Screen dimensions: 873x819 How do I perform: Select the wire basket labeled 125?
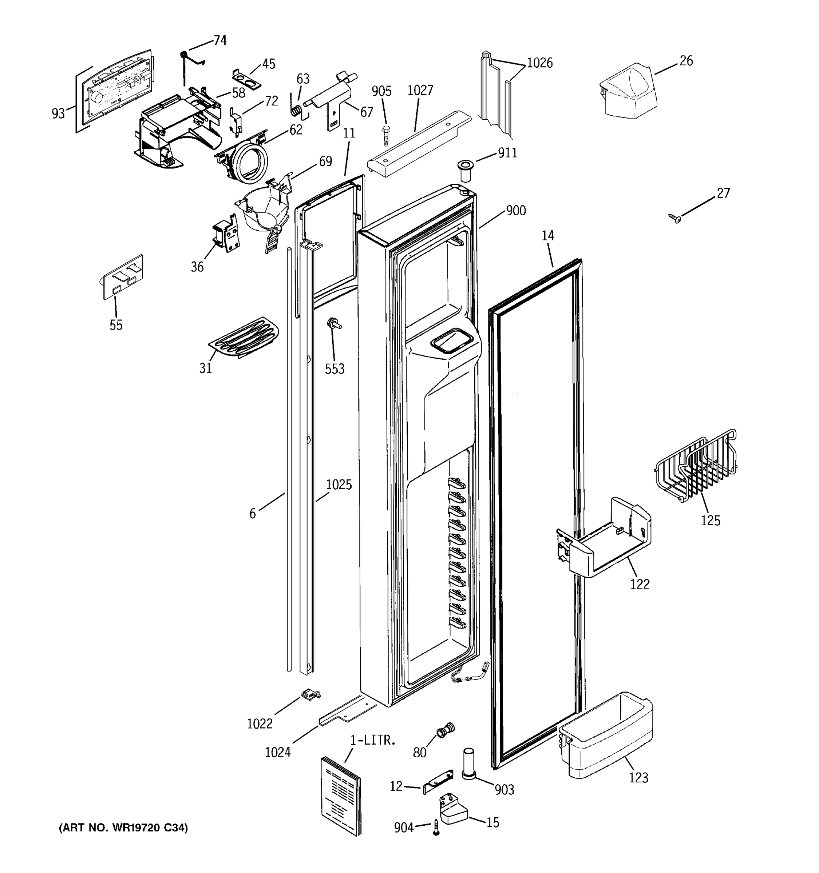pos(696,466)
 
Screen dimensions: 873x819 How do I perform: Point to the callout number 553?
pos(335,369)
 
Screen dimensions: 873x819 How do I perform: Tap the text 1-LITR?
pos(373,740)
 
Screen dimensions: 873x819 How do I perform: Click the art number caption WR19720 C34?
pos(123,828)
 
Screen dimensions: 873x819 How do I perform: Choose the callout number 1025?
pos(339,485)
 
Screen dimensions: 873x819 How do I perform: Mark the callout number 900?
pos(515,211)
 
